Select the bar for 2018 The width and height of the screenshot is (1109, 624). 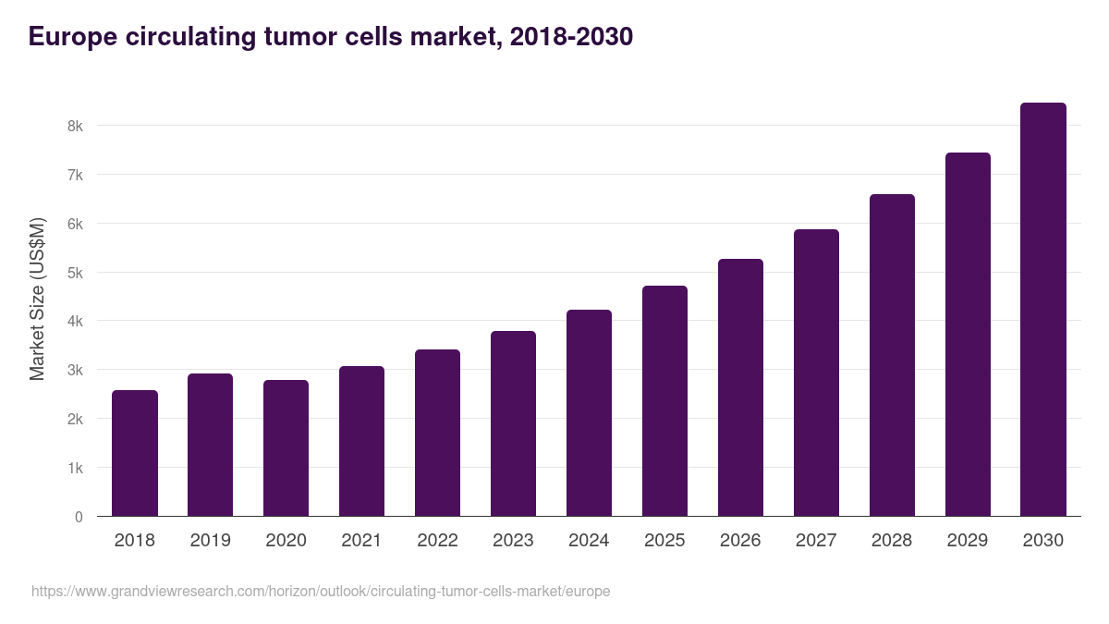(135, 453)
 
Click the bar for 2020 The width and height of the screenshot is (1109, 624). (286, 448)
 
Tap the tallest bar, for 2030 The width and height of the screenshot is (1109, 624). (1042, 310)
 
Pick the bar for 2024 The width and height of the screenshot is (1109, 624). (589, 413)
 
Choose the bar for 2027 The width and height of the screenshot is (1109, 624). (816, 373)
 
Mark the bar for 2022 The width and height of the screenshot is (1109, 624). (437, 433)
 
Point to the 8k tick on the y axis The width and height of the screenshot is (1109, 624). (75, 126)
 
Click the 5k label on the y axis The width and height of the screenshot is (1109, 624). (75, 273)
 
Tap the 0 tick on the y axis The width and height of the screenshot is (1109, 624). (79, 517)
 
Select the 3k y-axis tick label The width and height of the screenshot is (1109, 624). (75, 371)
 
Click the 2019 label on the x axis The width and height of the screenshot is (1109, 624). (210, 541)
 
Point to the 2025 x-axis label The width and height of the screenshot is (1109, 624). (664, 541)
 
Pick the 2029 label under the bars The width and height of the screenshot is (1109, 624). (968, 541)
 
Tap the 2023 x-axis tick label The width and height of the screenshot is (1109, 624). (513, 541)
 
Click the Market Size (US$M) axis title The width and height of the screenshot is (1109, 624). (37, 299)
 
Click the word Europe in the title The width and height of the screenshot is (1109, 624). (73, 37)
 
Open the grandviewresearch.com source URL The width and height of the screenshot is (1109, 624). (321, 591)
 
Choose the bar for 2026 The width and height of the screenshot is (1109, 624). (740, 387)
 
